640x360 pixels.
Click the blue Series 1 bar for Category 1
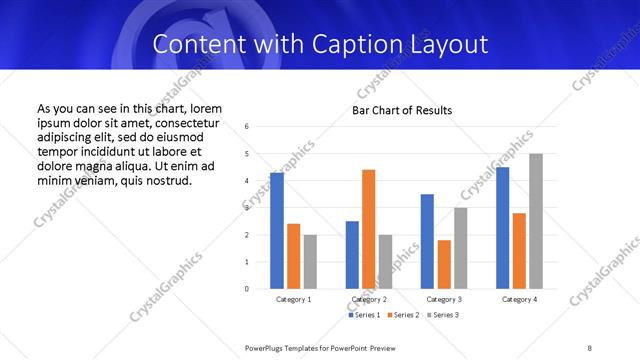pyautogui.click(x=277, y=231)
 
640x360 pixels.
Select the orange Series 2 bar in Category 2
pyautogui.click(x=369, y=229)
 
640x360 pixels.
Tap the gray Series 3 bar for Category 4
pyautogui.click(x=536, y=221)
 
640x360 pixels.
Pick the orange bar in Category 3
pyautogui.click(x=444, y=264)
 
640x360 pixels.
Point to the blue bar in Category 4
pyautogui.click(x=503, y=228)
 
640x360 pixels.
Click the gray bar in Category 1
pyautogui.click(x=310, y=262)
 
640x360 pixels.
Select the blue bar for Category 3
pyautogui.click(x=427, y=241)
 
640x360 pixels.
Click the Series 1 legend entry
pyautogui.click(x=363, y=315)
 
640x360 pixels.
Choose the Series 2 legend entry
pyautogui.click(x=402, y=315)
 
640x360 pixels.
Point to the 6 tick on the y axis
pyautogui.click(x=246, y=127)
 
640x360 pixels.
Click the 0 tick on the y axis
pyautogui.click(x=246, y=289)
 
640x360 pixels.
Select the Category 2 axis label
pyautogui.click(x=369, y=299)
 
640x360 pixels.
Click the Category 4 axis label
pyautogui.click(x=519, y=299)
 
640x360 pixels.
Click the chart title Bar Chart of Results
pyautogui.click(x=401, y=110)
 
